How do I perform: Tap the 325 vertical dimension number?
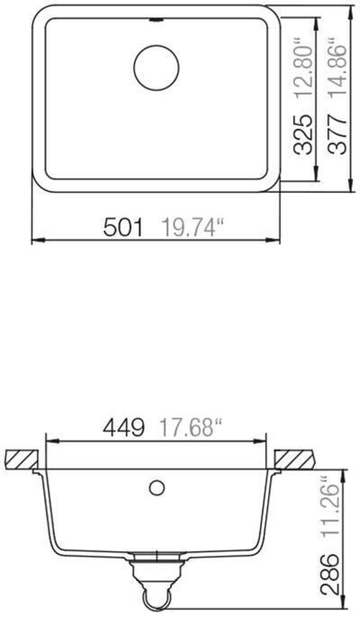[303, 133]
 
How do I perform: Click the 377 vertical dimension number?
[336, 133]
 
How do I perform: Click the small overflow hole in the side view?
[155, 488]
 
